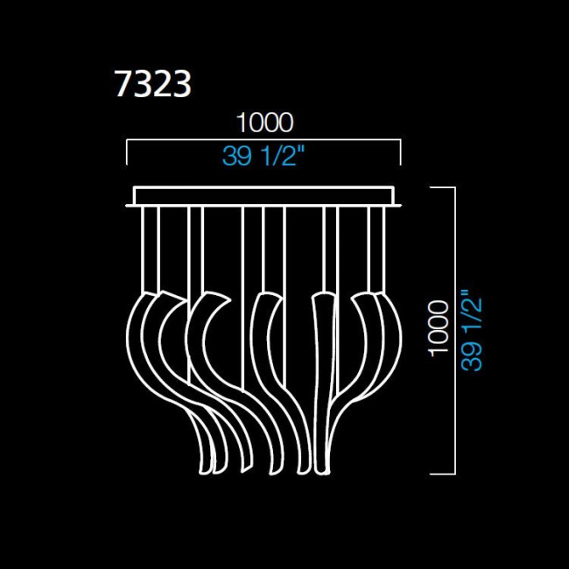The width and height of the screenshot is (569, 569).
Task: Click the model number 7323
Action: (153, 85)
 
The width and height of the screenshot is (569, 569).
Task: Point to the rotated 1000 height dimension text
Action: (440, 332)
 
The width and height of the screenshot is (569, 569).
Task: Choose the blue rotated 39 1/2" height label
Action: (472, 332)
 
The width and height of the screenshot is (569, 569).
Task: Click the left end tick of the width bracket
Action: (128, 152)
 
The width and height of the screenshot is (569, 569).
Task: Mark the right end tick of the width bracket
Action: (400, 152)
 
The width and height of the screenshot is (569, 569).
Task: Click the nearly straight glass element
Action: (323, 376)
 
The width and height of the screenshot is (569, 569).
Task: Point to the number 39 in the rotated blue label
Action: (472, 354)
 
